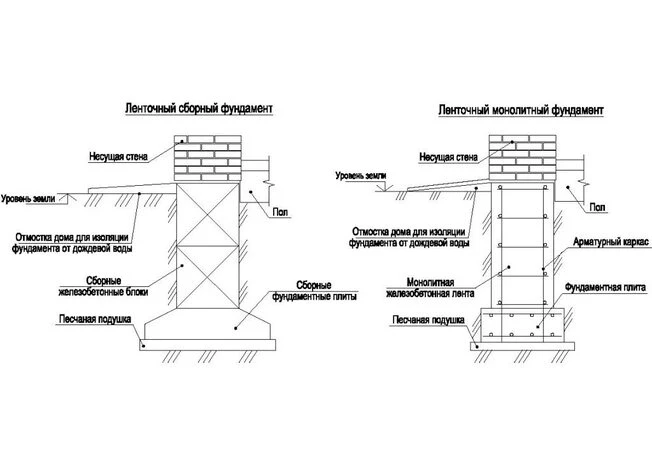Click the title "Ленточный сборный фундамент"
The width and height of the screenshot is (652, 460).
199,109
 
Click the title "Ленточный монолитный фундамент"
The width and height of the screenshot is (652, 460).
521,110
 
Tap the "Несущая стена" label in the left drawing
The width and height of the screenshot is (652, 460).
118,157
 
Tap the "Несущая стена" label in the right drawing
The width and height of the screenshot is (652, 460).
448,158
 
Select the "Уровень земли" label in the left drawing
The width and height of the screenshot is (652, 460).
28,199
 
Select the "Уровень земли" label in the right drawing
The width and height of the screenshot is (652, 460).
361,176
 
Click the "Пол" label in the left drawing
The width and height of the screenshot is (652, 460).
281,213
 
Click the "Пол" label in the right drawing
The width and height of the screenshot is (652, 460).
598,207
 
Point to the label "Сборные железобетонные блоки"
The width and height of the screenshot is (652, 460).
103,286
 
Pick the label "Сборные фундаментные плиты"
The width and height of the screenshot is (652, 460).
314,291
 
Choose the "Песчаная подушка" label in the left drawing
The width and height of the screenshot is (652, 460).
95,319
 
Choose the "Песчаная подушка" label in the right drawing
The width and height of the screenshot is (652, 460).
428,320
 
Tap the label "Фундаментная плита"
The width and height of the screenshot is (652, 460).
605,287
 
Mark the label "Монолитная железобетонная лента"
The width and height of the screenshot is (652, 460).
430,288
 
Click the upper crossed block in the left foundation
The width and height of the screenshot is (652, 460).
208,215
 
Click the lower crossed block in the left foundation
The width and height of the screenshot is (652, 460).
208,277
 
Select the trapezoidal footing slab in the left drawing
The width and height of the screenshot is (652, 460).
207,324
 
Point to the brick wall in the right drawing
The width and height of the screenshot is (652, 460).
523,158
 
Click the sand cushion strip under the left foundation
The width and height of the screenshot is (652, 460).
207,345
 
